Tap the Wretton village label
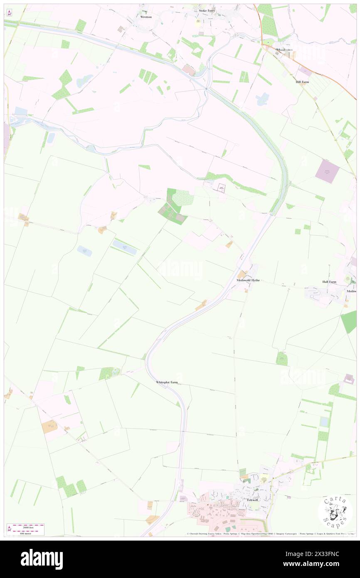point(146,17)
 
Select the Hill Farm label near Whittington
point(302,82)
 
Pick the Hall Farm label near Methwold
point(329,282)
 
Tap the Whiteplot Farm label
point(167,382)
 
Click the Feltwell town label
point(252,500)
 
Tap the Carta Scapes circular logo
point(335,512)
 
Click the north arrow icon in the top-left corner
point(9,13)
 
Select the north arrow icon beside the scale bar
point(9,529)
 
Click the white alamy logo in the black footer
point(42,559)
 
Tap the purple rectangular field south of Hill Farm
point(327,171)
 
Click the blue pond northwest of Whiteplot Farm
point(84,251)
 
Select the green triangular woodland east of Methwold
point(349,321)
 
